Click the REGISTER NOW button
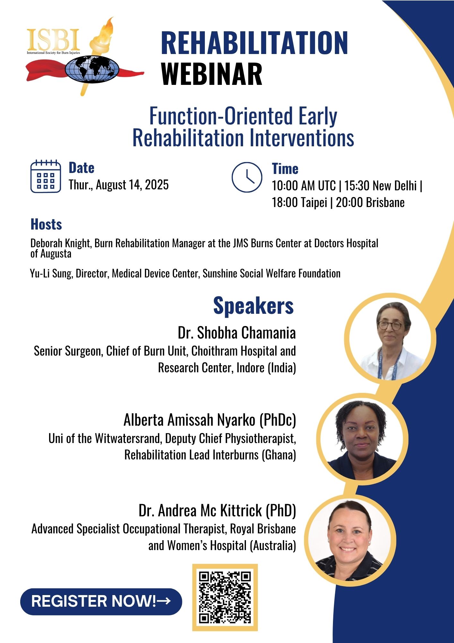(101, 602)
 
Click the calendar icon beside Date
(46, 176)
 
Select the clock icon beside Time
(247, 177)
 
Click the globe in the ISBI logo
(92, 69)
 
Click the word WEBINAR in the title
(212, 74)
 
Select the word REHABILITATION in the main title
(254, 42)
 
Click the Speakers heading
(253, 306)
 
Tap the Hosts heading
(46, 224)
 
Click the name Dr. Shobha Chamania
(237, 333)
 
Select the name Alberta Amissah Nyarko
(189, 420)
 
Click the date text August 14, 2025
(132, 185)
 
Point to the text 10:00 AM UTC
(304, 186)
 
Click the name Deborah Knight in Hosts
(61, 243)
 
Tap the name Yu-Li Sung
(51, 274)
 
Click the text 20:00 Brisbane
(370, 203)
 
